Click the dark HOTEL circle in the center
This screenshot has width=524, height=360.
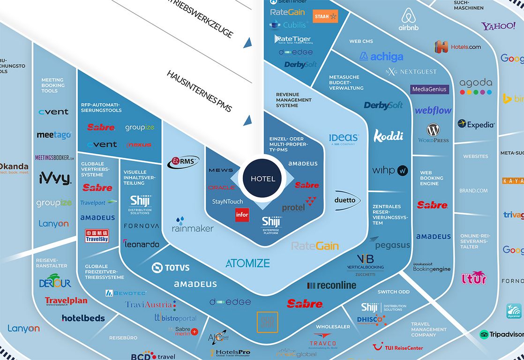pos(263,179)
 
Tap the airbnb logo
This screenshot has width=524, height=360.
pos(409,21)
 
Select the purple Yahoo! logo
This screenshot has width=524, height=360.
pos(498,26)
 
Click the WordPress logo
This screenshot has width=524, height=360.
pos(434,133)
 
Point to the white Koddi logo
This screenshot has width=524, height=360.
pos(389,136)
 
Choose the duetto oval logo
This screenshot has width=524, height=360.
pos(348,201)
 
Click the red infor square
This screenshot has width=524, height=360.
pos(242,215)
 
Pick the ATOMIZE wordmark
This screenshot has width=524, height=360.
pos(247,263)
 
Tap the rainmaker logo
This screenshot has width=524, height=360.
pos(193,225)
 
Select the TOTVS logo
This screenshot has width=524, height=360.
pos(171,268)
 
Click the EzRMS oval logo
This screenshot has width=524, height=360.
pos(183,162)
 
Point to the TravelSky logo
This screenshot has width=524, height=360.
pos(97,236)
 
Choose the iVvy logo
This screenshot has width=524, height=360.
pos(54,178)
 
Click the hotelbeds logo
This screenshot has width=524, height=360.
pos(83,318)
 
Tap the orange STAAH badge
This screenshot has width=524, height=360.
pos(325,16)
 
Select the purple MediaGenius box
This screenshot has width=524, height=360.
pos(430,89)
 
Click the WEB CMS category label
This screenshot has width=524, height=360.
pos(361,41)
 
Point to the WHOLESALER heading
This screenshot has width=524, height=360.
pos(333,327)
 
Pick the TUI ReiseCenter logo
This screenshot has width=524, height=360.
pos(398,347)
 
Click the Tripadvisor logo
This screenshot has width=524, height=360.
pos(502,335)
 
